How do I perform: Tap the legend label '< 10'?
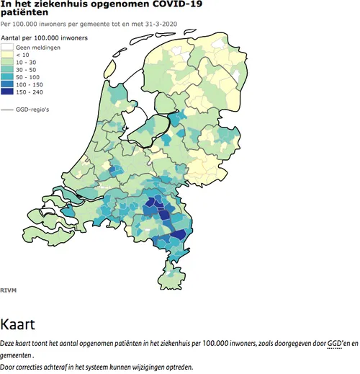coord(23,54)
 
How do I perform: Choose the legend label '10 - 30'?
coord(26,62)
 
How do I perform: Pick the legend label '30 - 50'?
coord(26,69)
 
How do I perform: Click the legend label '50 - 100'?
coord(27,77)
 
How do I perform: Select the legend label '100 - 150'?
coord(29,84)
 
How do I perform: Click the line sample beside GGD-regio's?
coord(8,110)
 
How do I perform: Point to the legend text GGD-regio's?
coord(35,110)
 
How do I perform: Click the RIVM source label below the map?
coord(9,290)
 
